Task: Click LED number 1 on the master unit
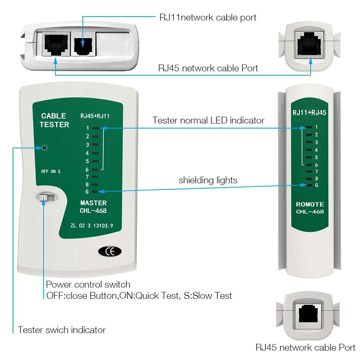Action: (95, 128)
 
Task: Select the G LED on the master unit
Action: (95, 192)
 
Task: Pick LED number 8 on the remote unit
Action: (309, 178)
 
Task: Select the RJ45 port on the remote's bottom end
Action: (310, 314)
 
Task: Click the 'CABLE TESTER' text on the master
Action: (54, 120)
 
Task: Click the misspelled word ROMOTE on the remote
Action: (310, 204)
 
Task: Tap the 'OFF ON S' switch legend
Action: (51, 171)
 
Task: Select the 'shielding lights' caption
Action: (208, 180)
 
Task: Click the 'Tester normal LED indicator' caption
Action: (208, 121)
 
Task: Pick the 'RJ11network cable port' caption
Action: (208, 18)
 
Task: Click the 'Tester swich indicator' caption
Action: (62, 330)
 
